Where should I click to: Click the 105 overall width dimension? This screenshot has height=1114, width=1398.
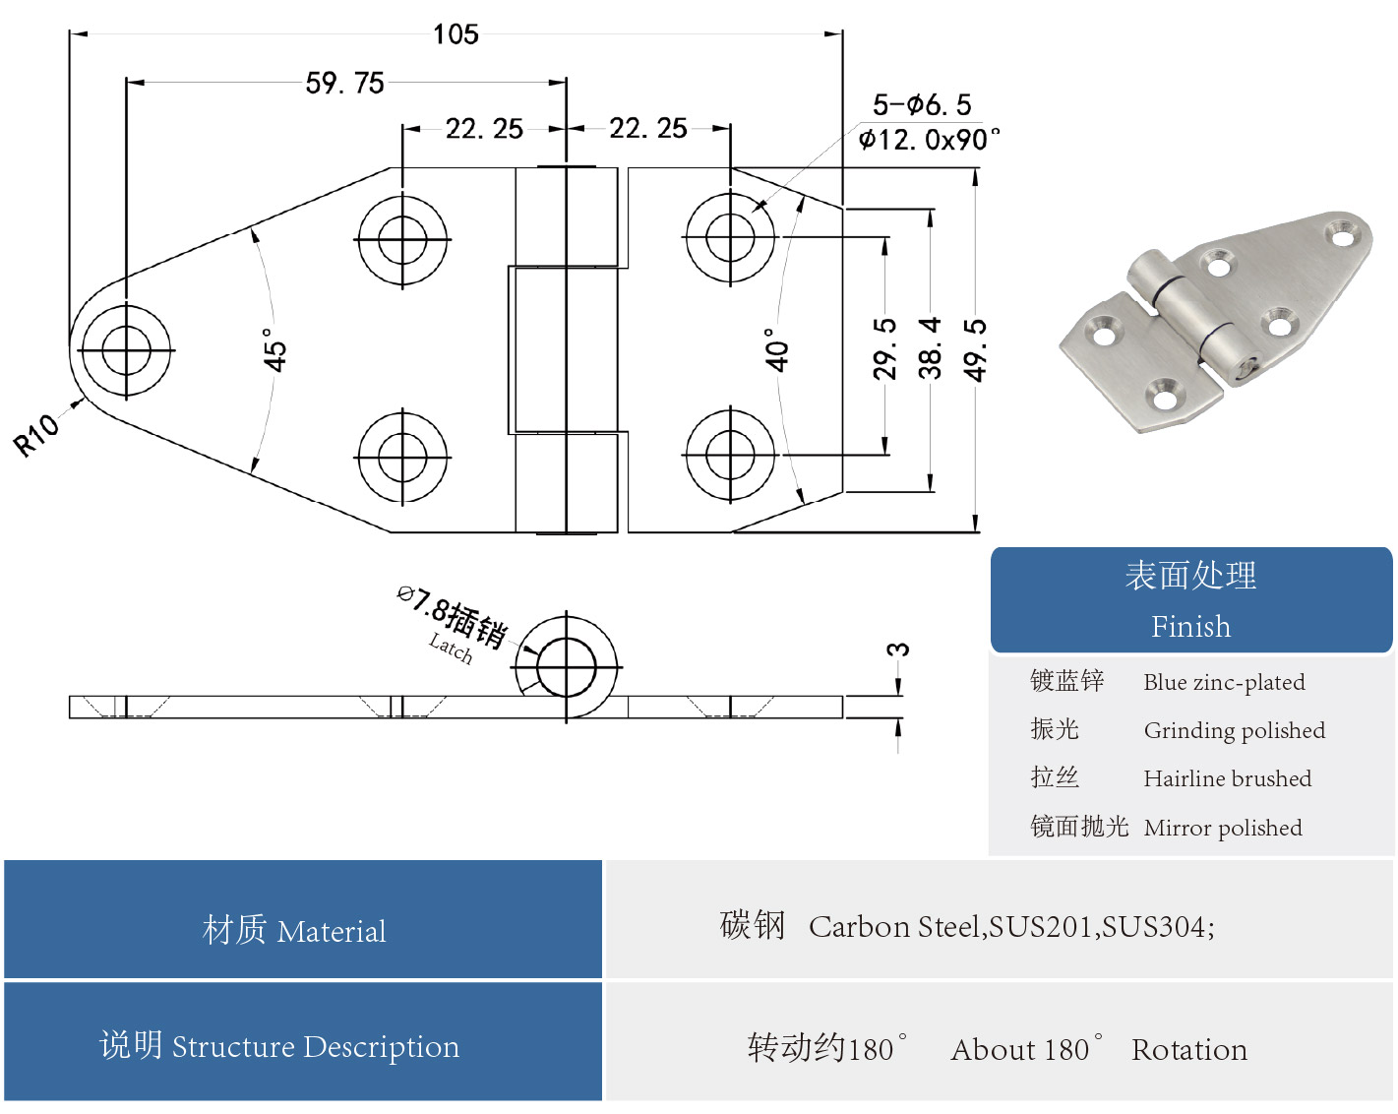[456, 34]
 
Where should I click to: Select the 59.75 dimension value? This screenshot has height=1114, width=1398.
[344, 83]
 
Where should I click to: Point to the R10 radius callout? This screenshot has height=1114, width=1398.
[36, 435]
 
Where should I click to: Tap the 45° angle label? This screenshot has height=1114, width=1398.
[274, 349]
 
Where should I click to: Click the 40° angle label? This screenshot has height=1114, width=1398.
[777, 349]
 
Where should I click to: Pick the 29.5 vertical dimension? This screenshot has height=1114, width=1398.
[884, 348]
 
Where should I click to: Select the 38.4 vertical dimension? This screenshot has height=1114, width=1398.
[930, 348]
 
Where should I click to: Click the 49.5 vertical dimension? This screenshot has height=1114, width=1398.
[974, 348]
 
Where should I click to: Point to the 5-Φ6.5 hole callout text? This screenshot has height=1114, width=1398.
[922, 105]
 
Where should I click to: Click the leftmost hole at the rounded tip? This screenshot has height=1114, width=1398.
[126, 349]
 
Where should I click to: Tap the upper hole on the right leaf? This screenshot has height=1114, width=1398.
[730, 238]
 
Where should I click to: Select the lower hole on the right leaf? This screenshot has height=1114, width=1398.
[730, 456]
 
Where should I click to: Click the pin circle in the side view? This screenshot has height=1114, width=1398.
[567, 666]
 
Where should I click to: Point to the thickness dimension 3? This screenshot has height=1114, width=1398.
[897, 650]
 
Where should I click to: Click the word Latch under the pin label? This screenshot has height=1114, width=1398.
[451, 648]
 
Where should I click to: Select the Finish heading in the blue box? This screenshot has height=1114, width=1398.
[1190, 627]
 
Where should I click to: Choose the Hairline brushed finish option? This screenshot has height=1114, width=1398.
[1227, 778]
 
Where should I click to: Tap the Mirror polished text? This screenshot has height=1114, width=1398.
[1222, 828]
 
